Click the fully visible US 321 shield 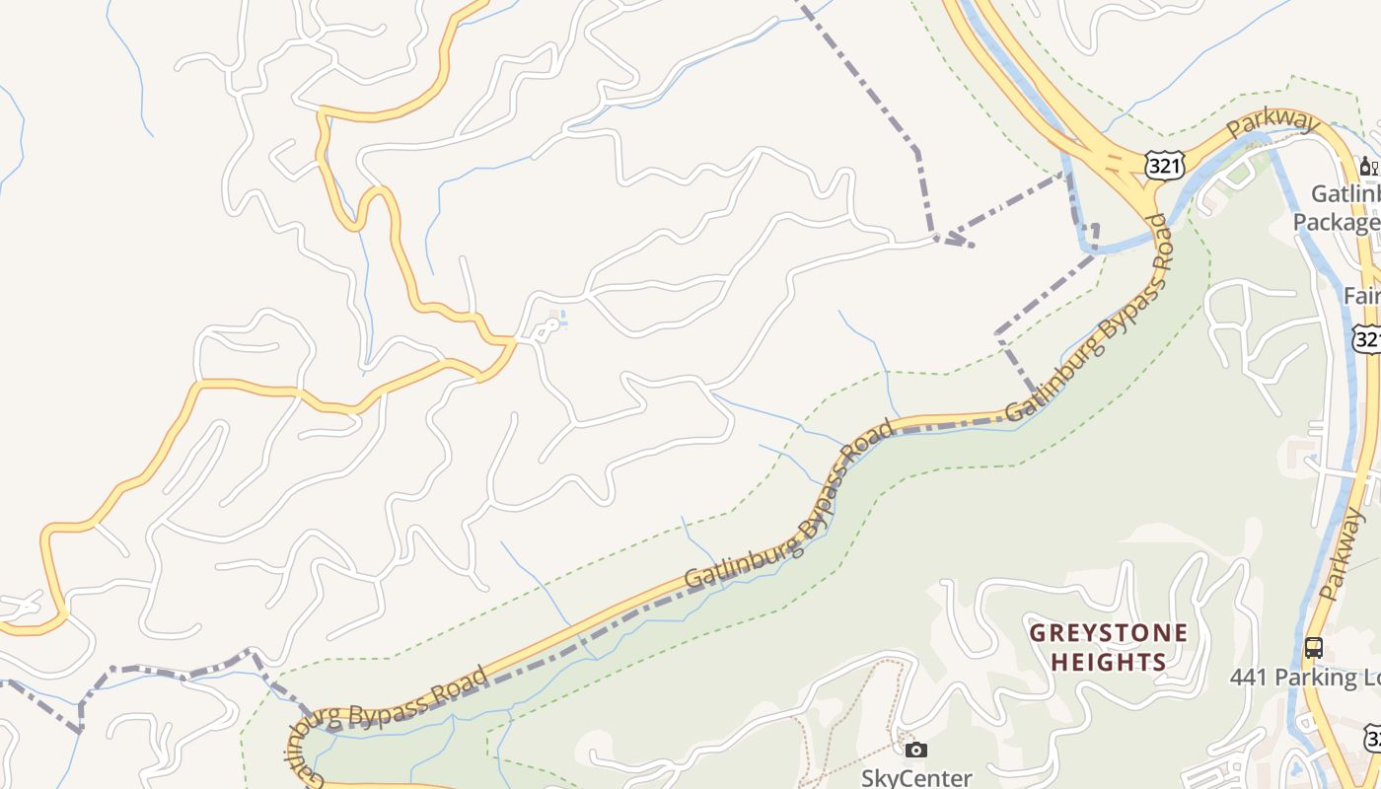pos(1165,165)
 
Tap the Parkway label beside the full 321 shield pos(1272,124)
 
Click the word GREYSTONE pos(1109,632)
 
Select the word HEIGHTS pos(1109,662)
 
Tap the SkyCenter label pos(916,778)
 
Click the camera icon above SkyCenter pos(916,751)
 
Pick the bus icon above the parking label pos(1313,648)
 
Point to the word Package pos(1336,222)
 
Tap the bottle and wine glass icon pos(1368,166)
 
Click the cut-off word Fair pos(1362,296)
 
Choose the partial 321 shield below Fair pos(1368,338)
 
